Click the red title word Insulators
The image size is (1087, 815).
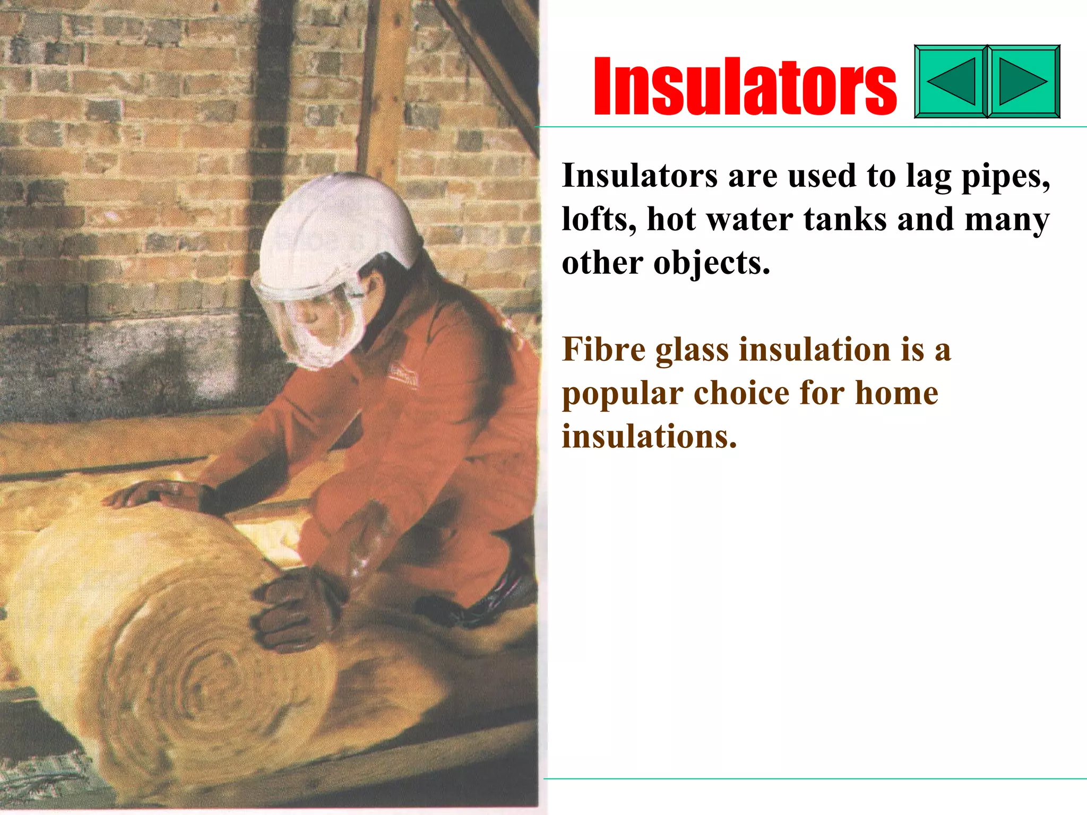(x=745, y=86)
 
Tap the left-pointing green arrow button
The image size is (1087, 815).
(x=951, y=82)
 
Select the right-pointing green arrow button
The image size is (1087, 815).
(x=1023, y=82)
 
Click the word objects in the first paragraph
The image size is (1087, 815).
(x=711, y=264)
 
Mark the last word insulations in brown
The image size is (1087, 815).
(x=649, y=437)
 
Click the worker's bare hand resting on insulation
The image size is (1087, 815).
(x=154, y=493)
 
